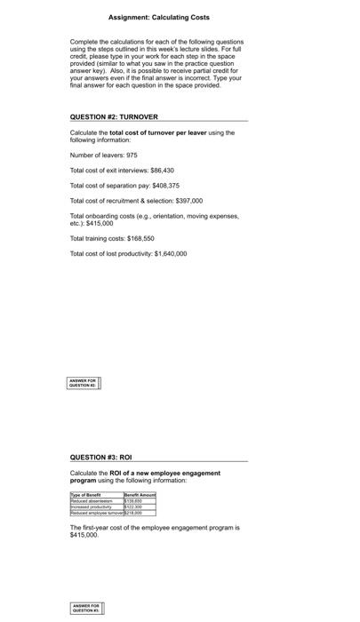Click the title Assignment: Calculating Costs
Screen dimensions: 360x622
158,17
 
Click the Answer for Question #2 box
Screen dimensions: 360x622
84,383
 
